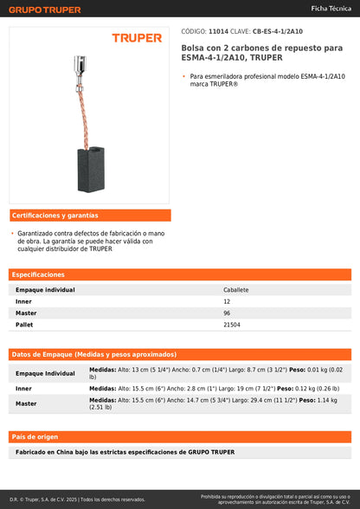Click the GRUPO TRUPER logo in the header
(45, 10)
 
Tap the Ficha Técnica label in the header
(331, 10)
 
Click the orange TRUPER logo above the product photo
(137, 38)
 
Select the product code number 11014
(219, 30)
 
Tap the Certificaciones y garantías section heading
(55, 215)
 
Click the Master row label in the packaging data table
(26, 403)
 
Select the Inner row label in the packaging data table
(24, 389)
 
